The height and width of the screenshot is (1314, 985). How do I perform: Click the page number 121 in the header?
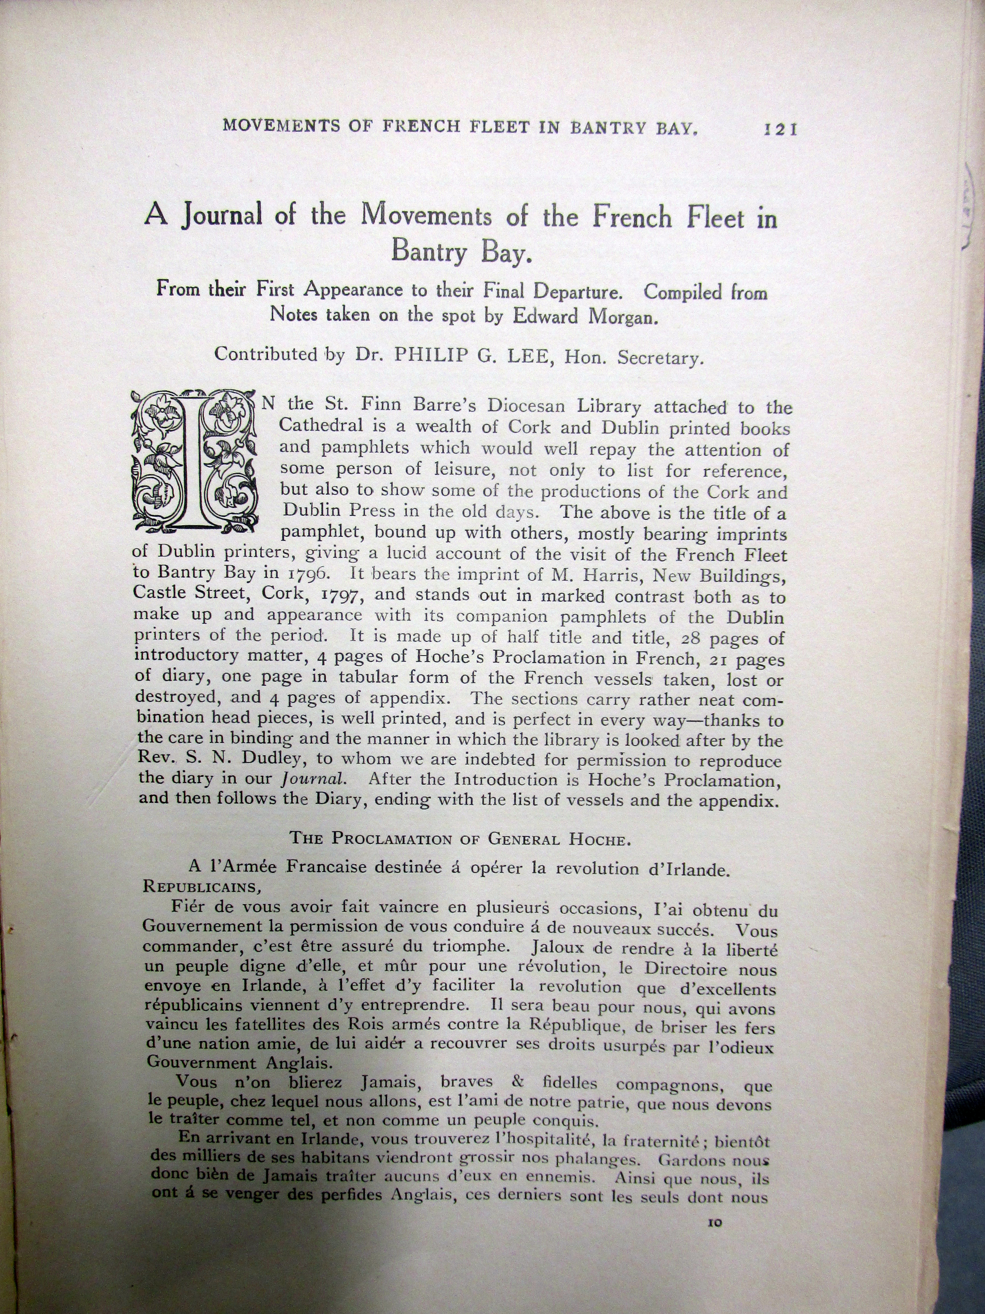[780, 129]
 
